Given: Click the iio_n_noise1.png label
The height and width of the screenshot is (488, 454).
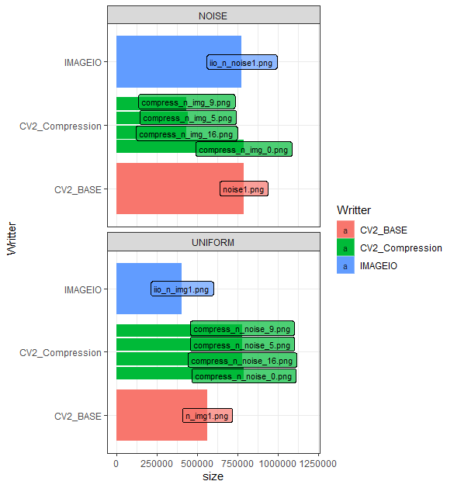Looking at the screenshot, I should coord(242,63).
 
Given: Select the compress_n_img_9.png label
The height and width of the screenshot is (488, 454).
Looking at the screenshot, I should coord(186,102).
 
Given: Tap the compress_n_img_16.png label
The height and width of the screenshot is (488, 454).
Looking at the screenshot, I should coord(187,134).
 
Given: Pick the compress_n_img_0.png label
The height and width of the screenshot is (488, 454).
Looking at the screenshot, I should coord(244,150).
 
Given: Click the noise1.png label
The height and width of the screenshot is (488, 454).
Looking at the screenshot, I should coord(244,189).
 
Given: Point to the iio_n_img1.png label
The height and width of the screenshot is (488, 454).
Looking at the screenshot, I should coord(182,289).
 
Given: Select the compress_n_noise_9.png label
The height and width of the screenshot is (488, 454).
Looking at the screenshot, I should coord(242,329).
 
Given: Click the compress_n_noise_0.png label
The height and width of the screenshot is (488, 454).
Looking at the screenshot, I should coord(244,376).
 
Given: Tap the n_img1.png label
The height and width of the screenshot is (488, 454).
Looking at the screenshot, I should coord(207,416).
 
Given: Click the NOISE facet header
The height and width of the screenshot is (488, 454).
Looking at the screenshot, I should coord(213,16).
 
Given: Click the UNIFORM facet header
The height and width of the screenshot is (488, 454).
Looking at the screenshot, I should coord(213,242).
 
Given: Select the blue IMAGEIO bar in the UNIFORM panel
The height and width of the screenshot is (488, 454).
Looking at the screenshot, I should coord(148,289).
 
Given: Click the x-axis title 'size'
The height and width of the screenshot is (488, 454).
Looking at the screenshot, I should coord(213,477).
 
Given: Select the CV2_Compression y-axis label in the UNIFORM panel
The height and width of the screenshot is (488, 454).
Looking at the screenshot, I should coord(61,352).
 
